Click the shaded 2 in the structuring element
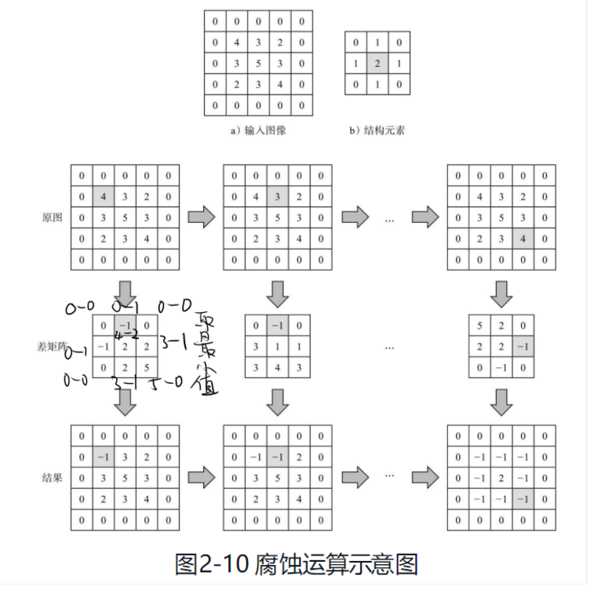click(377, 64)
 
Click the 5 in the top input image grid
click(258, 64)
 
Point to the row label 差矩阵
click(48, 346)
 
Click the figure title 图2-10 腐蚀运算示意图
click(297, 563)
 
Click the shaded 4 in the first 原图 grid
click(104, 196)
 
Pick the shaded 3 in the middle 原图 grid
click(278, 196)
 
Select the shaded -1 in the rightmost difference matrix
click(523, 346)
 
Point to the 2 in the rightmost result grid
click(501, 477)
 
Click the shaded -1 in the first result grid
click(104, 456)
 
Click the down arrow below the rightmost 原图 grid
click(501, 293)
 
